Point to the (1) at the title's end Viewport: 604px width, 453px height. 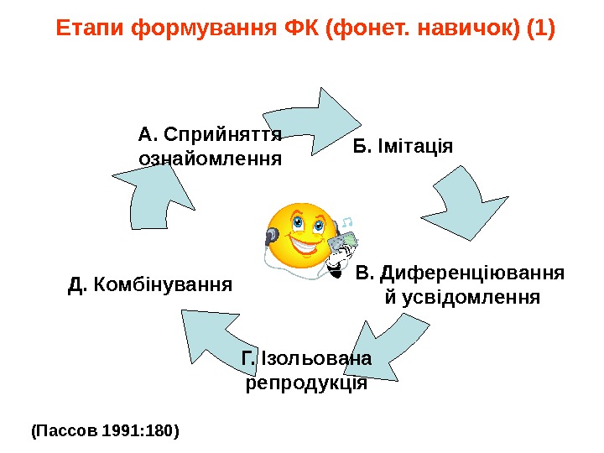[x=539, y=29]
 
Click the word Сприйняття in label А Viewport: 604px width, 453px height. [x=222, y=133]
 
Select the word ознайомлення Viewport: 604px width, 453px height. [x=209, y=158]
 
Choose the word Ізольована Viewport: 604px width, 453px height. [x=315, y=359]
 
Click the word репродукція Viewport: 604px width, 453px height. [x=306, y=383]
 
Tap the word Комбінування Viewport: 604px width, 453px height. [x=162, y=285]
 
